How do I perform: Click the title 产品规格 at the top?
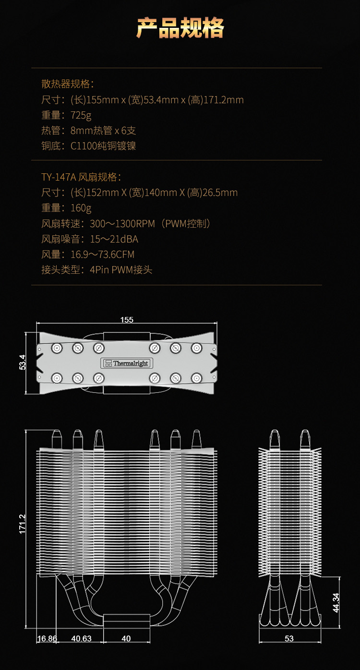(x=180, y=28)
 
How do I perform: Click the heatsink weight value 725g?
(x=81, y=115)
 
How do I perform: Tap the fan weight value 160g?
(x=81, y=208)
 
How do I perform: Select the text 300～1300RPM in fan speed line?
(x=122, y=223)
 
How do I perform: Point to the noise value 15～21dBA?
(x=114, y=239)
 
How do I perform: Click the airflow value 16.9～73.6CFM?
(x=102, y=255)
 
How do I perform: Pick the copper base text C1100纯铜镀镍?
(x=103, y=146)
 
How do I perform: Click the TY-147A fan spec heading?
(x=81, y=177)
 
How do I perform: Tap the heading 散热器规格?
(x=67, y=84)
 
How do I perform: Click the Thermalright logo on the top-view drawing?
(x=127, y=363)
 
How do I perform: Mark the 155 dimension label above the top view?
(x=127, y=320)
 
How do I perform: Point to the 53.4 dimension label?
(x=23, y=362)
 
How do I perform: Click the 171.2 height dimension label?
(x=23, y=524)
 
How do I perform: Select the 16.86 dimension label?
(x=47, y=639)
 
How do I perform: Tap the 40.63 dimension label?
(x=81, y=639)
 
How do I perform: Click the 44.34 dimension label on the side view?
(x=336, y=603)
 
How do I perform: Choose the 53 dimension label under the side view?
(x=289, y=639)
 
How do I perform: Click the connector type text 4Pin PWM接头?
(x=121, y=270)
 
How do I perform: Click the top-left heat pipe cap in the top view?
(x=57, y=348)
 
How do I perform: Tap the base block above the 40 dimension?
(x=127, y=620)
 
